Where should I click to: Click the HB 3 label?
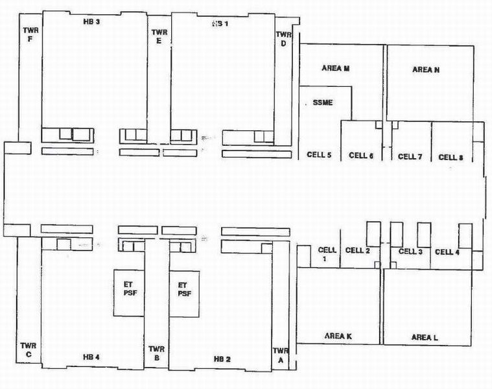91,21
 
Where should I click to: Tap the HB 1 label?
220,23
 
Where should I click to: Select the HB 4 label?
91,357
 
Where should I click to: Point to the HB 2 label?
222,359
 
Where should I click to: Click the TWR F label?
30,34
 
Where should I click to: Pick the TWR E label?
159,36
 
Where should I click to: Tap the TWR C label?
29,350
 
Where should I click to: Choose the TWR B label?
157,353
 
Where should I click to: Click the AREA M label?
336,68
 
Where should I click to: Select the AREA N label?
426,69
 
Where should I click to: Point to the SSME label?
323,102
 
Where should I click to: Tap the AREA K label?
338,336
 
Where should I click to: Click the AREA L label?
425,338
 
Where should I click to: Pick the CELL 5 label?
319,155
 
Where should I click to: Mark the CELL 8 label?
451,157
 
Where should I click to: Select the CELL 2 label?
357,250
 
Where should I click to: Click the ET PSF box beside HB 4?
129,292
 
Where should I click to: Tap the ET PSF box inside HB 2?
184,294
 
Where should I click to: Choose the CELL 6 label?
361,156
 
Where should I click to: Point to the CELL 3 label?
410,252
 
